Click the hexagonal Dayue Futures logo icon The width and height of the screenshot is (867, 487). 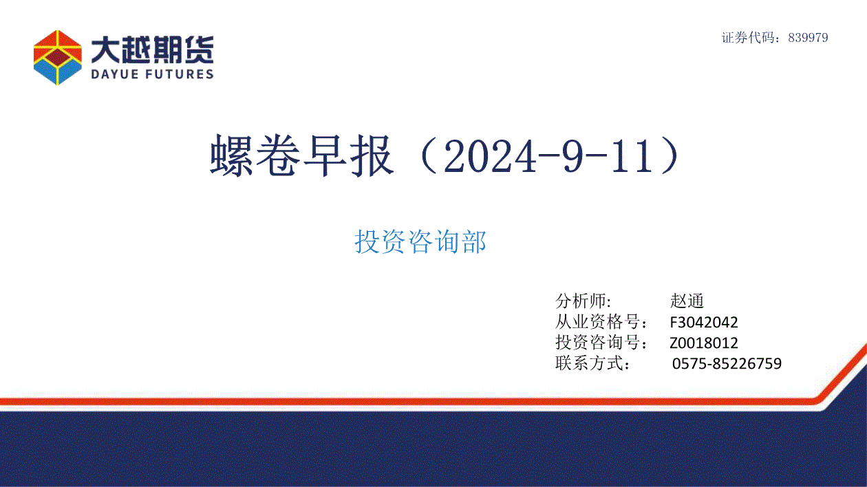click(58, 57)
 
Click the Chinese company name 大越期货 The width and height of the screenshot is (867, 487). click(152, 50)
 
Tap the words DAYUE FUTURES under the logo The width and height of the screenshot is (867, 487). click(152, 74)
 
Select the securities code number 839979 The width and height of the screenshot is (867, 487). click(808, 38)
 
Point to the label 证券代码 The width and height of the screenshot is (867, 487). click(748, 38)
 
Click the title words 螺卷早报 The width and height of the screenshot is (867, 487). click(302, 156)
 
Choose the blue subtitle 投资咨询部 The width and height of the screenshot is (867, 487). click(420, 241)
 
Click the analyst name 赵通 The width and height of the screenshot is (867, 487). click(687, 301)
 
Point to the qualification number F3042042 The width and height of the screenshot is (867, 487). click(704, 322)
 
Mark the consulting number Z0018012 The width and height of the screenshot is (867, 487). click(704, 343)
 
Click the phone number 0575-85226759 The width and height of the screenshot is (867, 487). click(727, 364)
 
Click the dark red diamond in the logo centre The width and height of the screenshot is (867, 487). click(58, 57)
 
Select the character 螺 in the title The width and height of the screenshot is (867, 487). click(231, 156)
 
